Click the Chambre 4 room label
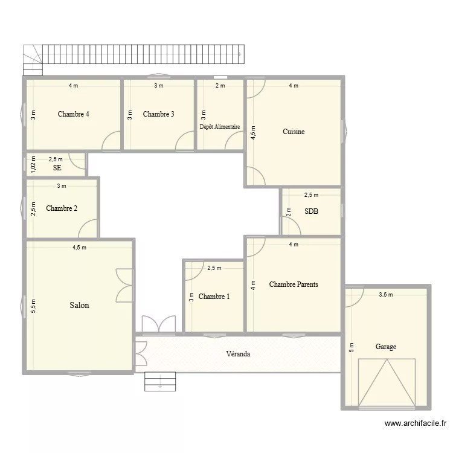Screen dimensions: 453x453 (74, 114)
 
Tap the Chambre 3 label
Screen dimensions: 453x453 (159, 114)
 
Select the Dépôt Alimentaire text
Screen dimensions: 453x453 (220, 127)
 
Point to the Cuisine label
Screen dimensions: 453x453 (294, 132)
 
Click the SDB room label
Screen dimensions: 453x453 (312, 211)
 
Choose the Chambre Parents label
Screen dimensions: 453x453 (294, 284)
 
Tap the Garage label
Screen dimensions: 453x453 (386, 347)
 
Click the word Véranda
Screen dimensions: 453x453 (238, 353)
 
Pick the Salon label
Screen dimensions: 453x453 (79, 306)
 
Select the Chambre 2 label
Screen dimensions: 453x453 (62, 209)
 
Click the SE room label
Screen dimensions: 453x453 (57, 167)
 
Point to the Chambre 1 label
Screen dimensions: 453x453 (214, 297)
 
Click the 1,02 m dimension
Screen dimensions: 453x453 (33, 164)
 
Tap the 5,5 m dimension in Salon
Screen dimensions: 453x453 (33, 306)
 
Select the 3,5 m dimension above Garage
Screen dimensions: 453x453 (386, 295)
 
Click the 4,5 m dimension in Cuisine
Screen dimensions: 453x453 (253, 132)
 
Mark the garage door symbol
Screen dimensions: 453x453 (387, 382)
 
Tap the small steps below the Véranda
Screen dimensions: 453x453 (159, 380)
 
